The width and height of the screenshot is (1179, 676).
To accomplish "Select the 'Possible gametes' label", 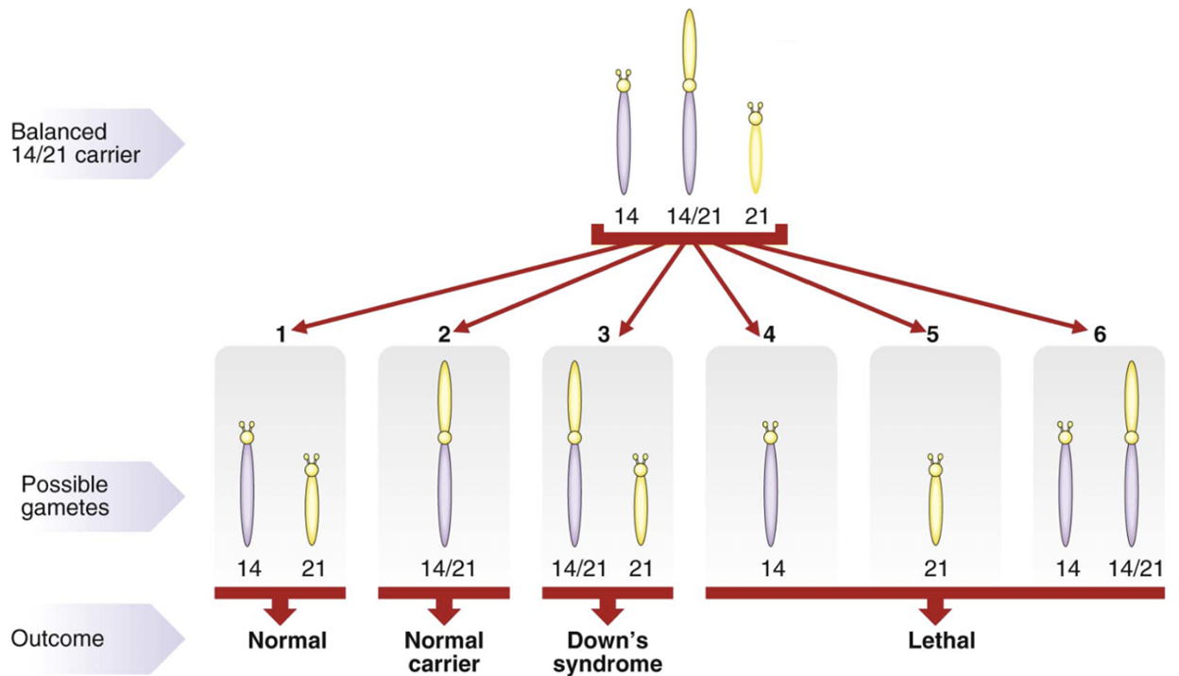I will point(66,496).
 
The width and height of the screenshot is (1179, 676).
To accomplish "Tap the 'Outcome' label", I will point(58,638).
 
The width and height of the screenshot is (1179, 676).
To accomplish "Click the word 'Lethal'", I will point(941,641).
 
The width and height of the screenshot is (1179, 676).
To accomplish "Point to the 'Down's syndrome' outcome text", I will point(607,651).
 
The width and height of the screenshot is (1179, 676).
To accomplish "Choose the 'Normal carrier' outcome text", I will point(444,651).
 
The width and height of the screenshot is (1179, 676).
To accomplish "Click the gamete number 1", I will point(281,334).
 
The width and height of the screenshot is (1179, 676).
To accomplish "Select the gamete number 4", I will point(770,334).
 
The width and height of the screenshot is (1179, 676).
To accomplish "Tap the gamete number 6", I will point(1100,334).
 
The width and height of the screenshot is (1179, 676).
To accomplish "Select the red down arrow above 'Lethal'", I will point(935,610).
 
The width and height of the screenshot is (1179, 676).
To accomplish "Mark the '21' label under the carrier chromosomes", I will point(757,216).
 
